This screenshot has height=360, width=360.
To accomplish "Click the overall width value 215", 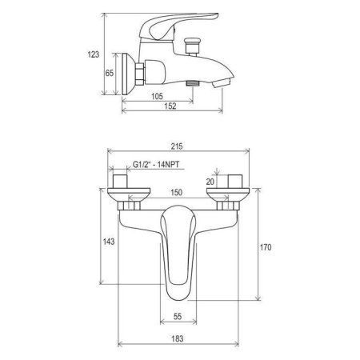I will point(179,146).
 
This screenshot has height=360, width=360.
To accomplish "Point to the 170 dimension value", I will point(266,248).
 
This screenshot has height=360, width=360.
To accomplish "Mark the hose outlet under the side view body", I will point(192,82).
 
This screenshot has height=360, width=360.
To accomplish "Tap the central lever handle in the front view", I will point(180,244).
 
